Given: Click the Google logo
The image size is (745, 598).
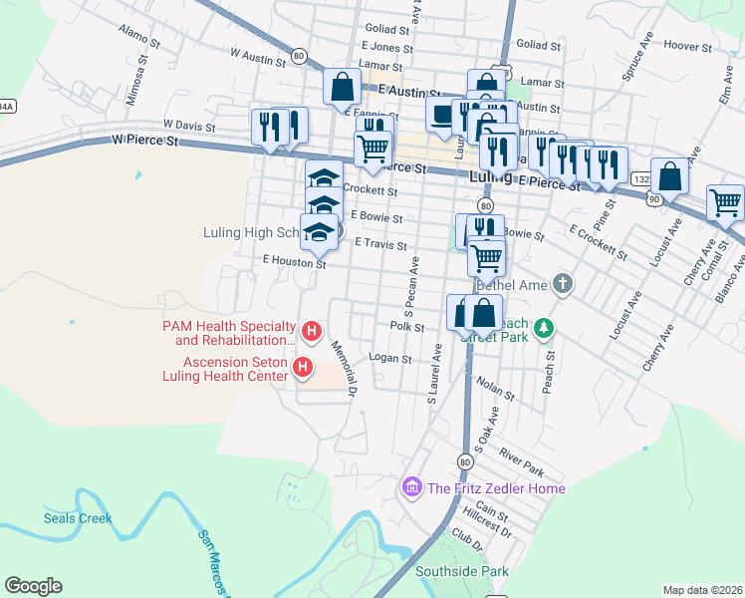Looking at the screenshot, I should tap(33, 586).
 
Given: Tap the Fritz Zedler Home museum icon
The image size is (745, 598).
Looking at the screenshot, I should tap(410, 487).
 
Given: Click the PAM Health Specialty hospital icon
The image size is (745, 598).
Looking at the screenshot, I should tap(312, 331).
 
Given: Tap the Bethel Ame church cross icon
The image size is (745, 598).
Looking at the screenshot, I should tap(563, 284).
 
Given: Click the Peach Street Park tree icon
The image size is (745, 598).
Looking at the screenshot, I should tap(543, 327).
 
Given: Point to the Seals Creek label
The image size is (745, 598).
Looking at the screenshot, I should tap(78, 518).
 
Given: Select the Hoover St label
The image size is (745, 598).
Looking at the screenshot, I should tap(684, 45).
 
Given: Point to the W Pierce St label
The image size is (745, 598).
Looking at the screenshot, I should tap(144, 143).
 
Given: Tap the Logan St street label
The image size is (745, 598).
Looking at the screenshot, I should tap(390, 358).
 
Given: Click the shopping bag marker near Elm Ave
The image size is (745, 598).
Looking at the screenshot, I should tap(669, 175).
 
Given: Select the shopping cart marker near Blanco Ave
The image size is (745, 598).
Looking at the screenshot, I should tap(725, 202).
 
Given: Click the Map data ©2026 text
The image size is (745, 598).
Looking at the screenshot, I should tap(703, 590).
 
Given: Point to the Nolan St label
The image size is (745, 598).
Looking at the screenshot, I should tap(495, 389).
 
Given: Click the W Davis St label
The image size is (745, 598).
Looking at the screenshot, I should tap(189, 126).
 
